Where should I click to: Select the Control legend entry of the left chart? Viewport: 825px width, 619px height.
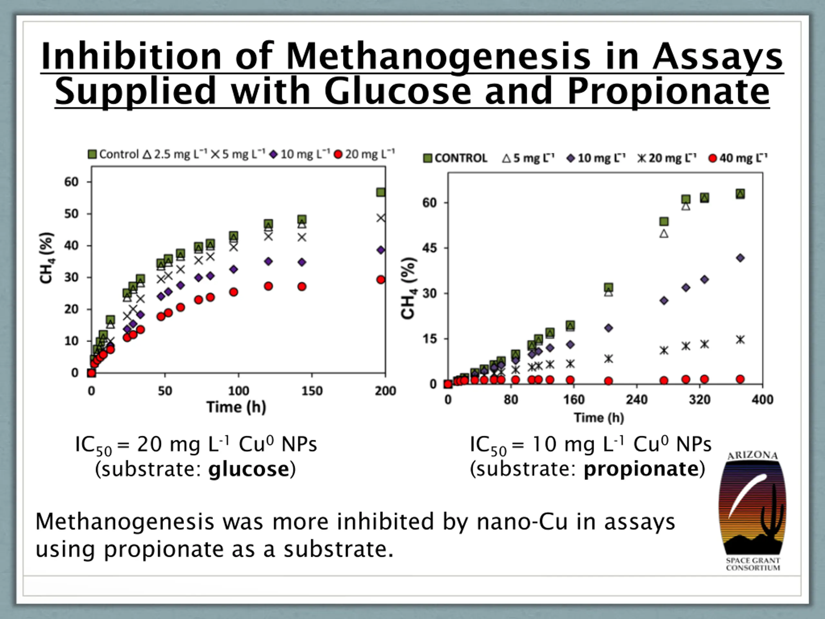pyautogui.click(x=113, y=154)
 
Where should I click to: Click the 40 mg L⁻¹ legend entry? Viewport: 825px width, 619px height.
pyautogui.click(x=738, y=158)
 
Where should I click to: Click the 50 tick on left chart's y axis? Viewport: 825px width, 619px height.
pyautogui.click(x=71, y=214)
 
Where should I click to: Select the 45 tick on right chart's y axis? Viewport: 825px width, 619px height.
pyautogui.click(x=429, y=248)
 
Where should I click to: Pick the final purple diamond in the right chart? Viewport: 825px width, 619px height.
pyautogui.click(x=740, y=258)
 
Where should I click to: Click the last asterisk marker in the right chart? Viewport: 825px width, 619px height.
pyautogui.click(x=740, y=339)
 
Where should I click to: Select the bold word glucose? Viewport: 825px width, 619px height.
pyautogui.click(x=249, y=469)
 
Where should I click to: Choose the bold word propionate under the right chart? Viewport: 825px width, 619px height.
pyautogui.click(x=641, y=469)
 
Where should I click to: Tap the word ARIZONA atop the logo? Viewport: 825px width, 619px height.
pyautogui.click(x=752, y=456)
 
